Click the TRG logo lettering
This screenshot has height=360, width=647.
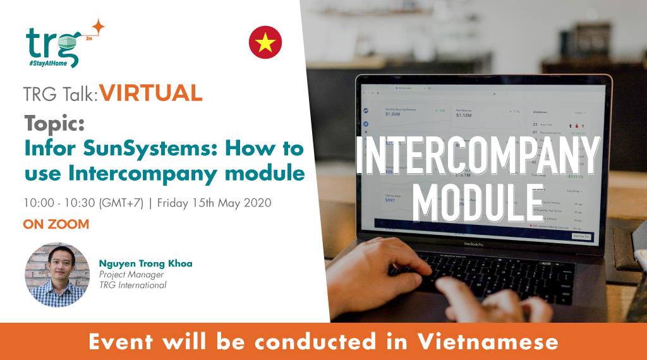click(x=52, y=43)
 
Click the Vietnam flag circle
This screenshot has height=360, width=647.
click(x=265, y=42)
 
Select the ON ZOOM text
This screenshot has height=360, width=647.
click(x=56, y=224)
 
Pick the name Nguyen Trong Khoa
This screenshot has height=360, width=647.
click(x=145, y=263)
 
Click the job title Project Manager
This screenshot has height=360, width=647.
click(x=131, y=274)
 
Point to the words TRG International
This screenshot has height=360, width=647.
click(x=133, y=285)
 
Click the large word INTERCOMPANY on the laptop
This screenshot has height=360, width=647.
click(x=478, y=155)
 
